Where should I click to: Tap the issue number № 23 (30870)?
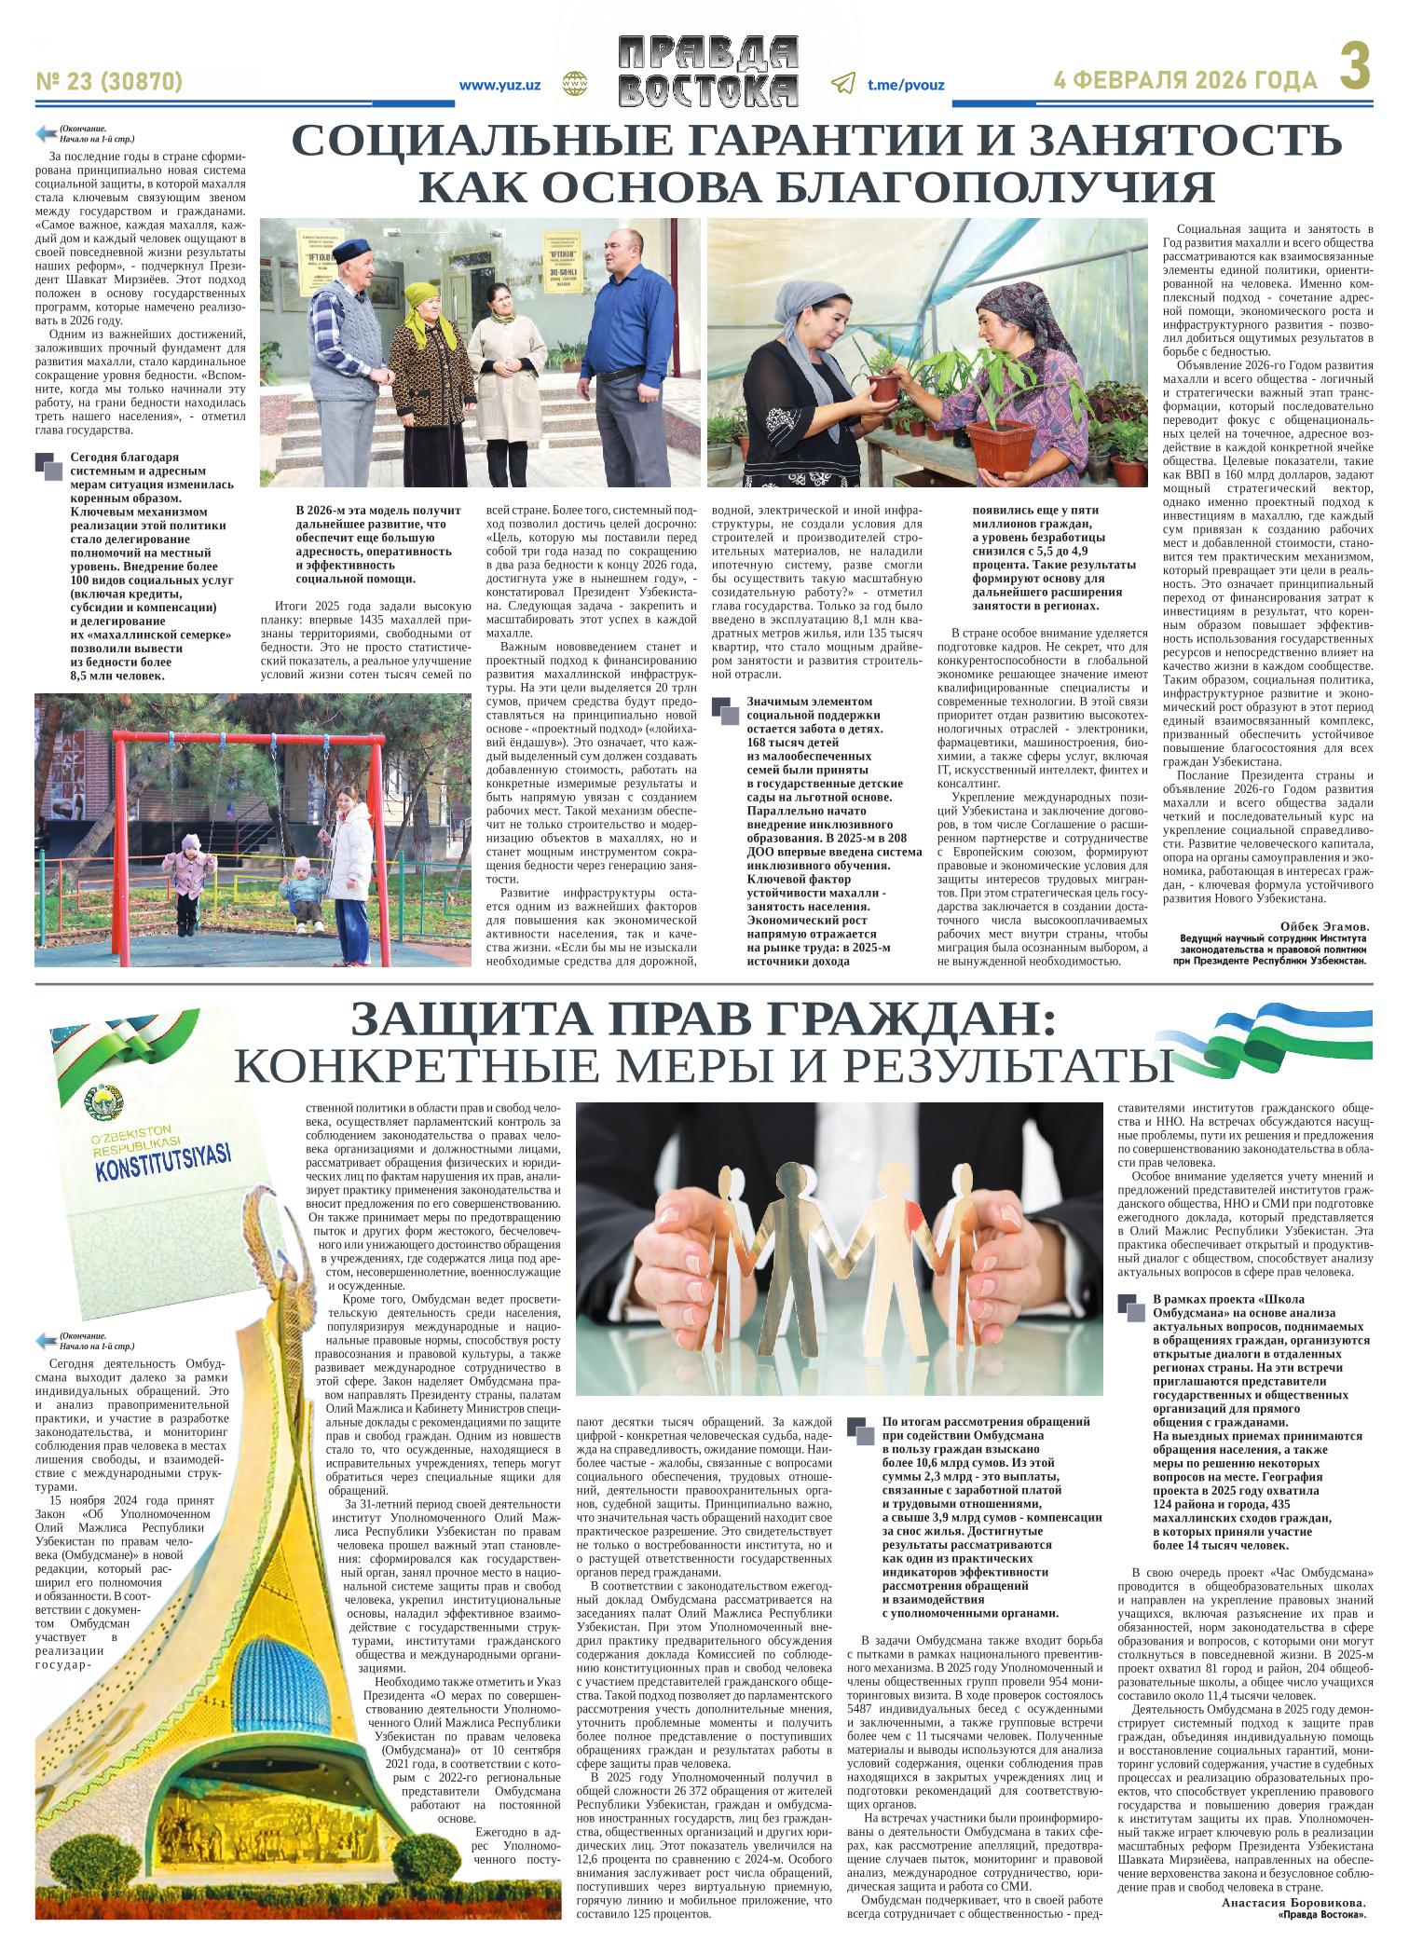108,83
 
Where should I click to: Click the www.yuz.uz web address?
500,85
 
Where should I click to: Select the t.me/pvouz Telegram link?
905,85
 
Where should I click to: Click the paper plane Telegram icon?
841,84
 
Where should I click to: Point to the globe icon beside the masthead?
572,84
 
